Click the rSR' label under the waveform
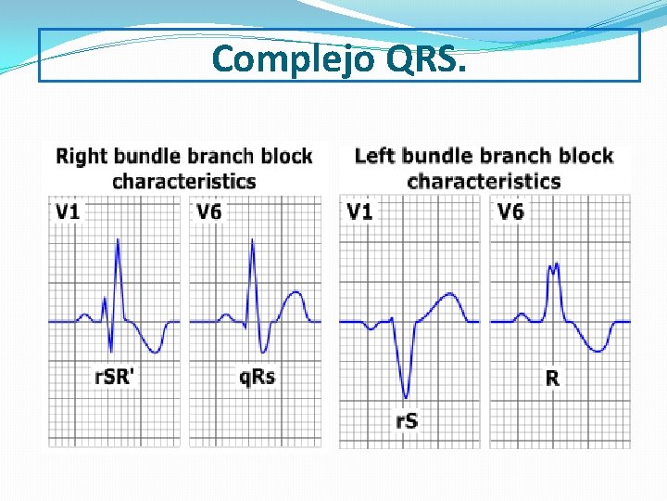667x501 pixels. (x=115, y=377)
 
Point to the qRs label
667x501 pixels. (x=257, y=377)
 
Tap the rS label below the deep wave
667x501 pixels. (x=407, y=420)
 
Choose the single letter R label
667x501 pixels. (x=552, y=378)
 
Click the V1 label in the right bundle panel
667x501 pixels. (x=68, y=212)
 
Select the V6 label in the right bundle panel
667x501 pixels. (x=209, y=212)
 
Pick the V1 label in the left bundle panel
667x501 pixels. (x=359, y=212)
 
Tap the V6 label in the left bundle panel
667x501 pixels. (x=510, y=212)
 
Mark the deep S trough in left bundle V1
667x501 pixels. (x=405, y=395)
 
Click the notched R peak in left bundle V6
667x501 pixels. (x=554, y=266)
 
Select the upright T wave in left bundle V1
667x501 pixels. (x=448, y=296)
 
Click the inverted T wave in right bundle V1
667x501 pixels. (x=157, y=351)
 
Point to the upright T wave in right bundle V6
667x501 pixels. (x=295, y=295)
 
